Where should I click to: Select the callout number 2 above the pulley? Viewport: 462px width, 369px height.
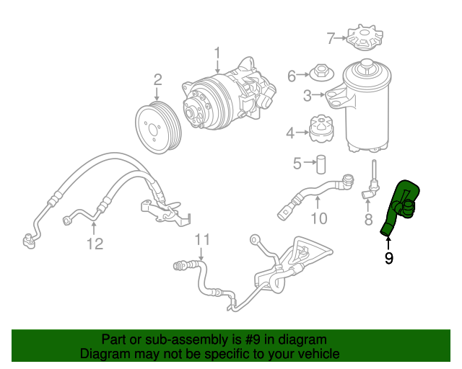[x=157, y=79]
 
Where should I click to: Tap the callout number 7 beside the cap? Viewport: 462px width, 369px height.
[x=331, y=37]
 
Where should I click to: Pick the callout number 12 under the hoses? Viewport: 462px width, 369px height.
[x=95, y=244]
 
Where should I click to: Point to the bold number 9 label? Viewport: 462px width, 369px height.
[x=388, y=257]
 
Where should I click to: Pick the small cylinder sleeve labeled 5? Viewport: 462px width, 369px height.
[x=322, y=163]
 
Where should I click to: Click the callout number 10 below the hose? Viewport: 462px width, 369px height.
[x=318, y=218]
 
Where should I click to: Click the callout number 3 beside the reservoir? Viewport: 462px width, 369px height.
[x=308, y=94]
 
